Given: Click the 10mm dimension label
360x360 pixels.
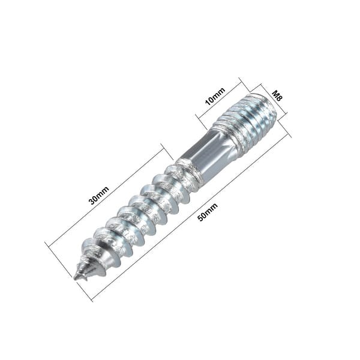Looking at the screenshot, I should pos(215,96).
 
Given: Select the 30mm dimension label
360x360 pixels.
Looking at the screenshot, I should pos(99,196).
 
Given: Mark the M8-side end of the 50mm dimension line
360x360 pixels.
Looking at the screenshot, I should pos(290,135).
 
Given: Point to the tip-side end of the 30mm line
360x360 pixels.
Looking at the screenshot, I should pos(47,244).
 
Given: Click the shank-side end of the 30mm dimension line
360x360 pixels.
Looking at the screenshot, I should pos(161,145).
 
